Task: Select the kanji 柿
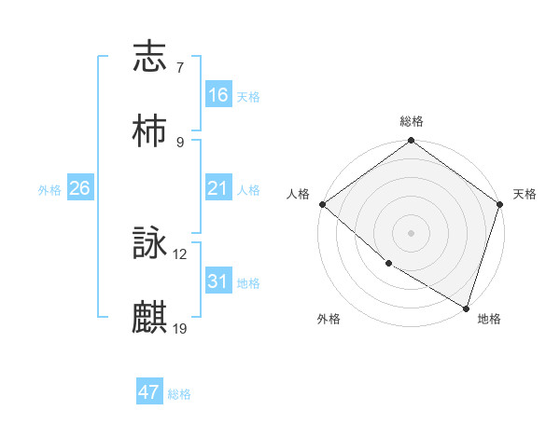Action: click(x=150, y=132)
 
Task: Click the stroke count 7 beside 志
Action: click(x=179, y=67)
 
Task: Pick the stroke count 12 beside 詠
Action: click(x=180, y=253)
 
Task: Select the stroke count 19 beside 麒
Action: click(x=180, y=328)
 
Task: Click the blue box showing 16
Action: click(x=217, y=95)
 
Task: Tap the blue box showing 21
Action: click(x=217, y=188)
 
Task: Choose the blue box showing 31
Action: click(x=217, y=281)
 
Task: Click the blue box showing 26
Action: click(x=79, y=188)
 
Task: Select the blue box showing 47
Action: click(x=148, y=392)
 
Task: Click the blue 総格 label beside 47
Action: click(x=179, y=394)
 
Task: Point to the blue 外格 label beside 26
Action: click(x=49, y=190)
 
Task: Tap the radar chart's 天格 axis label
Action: click(x=525, y=194)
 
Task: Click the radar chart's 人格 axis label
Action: click(x=297, y=194)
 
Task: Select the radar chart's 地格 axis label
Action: click(x=489, y=319)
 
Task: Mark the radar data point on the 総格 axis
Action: click(x=411, y=142)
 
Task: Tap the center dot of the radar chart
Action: click(x=411, y=232)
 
